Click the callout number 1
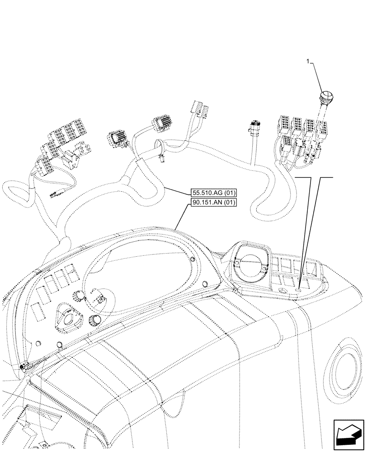coord(308,61)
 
